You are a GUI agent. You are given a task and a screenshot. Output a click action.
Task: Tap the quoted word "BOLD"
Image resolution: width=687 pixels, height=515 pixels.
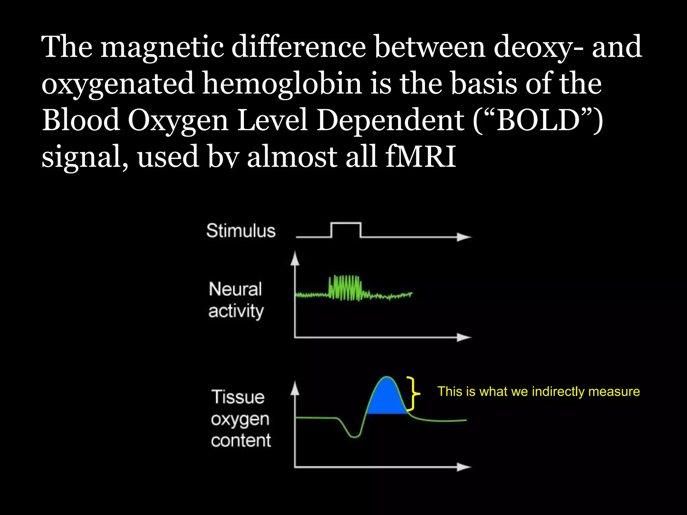[538, 120]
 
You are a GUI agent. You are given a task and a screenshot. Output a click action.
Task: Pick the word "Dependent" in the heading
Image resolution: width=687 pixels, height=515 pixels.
[390, 120]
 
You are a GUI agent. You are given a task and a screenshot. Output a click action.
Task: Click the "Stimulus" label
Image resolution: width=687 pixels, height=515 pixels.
[241, 231]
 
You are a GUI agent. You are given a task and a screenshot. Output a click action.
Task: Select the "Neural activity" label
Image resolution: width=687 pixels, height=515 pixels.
[235, 300]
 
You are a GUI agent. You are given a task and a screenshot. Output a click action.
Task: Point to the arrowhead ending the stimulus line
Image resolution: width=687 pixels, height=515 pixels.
[464, 237]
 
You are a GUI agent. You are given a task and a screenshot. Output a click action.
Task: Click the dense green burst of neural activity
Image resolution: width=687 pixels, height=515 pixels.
[346, 288]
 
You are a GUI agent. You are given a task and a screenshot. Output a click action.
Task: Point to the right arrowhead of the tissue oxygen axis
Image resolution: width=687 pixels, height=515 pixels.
[464, 467]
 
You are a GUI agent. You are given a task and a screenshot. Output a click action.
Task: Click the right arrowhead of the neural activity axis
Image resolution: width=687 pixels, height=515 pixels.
[464, 337]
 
